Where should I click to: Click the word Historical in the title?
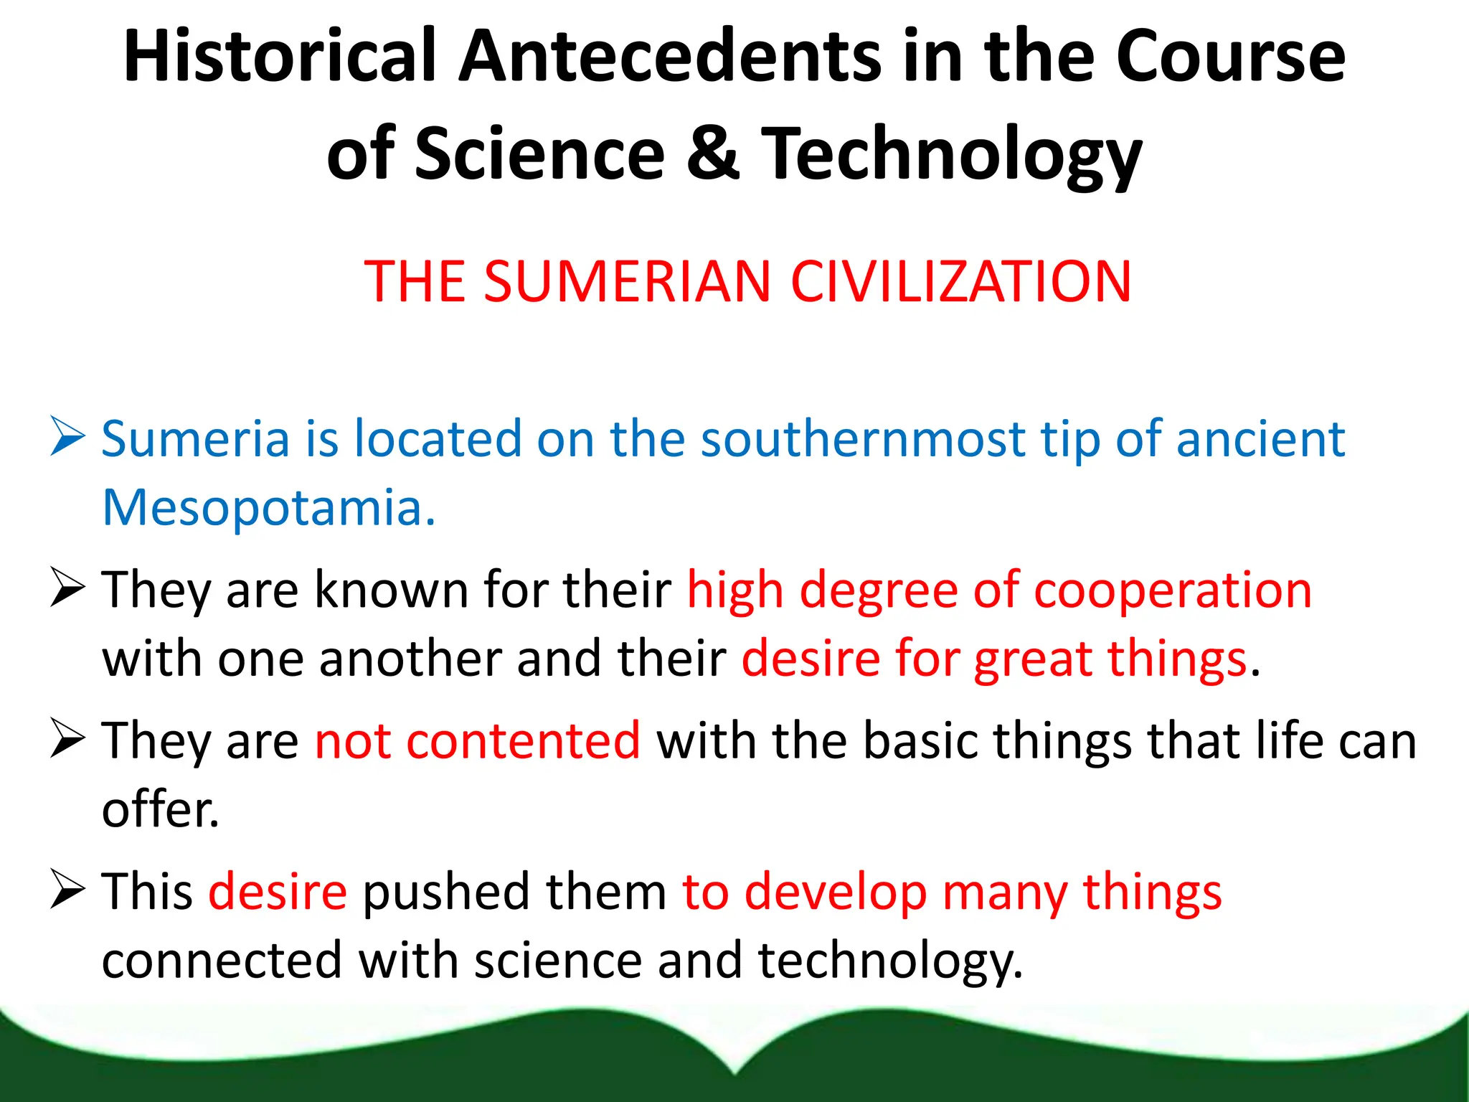[280, 56]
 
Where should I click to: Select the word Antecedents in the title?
[670, 56]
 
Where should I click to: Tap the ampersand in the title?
[712, 152]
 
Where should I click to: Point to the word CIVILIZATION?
[961, 281]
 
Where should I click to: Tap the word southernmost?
[863, 438]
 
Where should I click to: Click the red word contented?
[523, 740]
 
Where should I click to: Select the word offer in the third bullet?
[159, 809]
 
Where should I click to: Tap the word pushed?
[445, 893]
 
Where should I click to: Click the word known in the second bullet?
[391, 590]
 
